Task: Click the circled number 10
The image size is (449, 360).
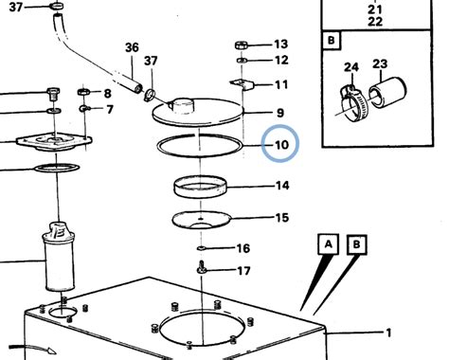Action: (x=281, y=146)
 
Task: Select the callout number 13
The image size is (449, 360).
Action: (x=279, y=45)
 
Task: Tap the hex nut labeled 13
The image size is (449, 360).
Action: (x=242, y=45)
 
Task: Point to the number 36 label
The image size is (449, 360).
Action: (x=132, y=48)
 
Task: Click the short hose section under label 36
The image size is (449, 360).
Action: (x=122, y=76)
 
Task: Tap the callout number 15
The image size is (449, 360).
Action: (x=281, y=218)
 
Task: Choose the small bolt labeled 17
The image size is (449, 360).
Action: (x=203, y=272)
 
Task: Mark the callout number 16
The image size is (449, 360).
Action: (x=242, y=248)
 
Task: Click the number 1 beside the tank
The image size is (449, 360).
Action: (x=388, y=333)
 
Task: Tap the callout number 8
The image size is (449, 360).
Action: (x=107, y=93)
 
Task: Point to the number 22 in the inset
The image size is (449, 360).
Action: (x=375, y=21)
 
